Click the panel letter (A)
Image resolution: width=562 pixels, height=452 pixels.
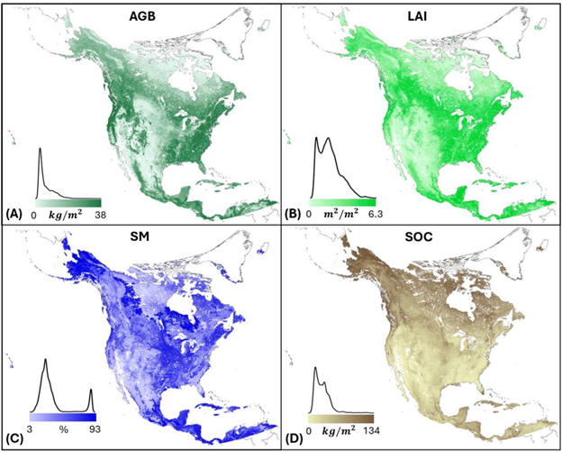(14, 215)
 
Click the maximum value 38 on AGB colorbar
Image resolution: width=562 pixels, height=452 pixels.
(98, 215)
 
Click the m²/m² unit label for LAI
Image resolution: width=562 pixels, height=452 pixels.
(337, 215)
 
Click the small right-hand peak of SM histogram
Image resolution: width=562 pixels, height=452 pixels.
(91, 390)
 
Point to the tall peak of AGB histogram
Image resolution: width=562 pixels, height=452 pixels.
(41, 149)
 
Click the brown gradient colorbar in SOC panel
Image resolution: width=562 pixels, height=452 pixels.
(340, 419)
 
